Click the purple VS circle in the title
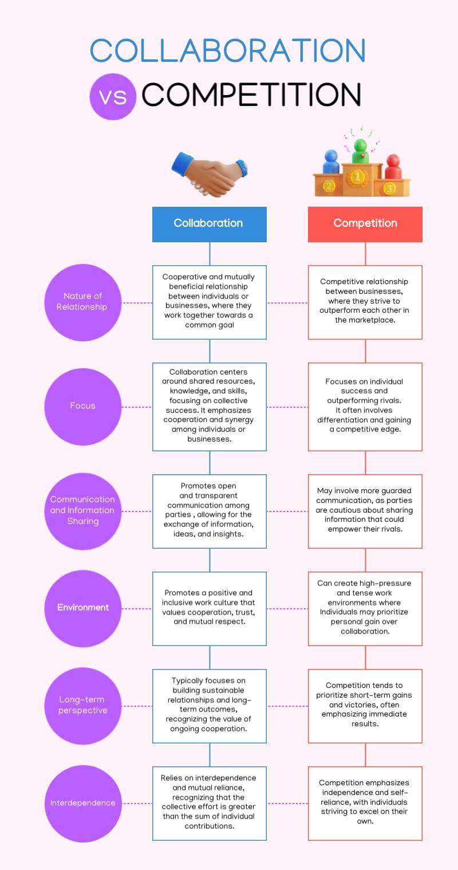tap(113, 96)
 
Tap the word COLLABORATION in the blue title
tap(228, 50)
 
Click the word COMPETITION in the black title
tap(251, 95)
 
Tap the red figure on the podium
tap(393, 166)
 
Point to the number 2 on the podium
tap(329, 186)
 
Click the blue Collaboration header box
tap(209, 223)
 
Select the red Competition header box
tap(365, 223)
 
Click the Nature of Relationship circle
tap(82, 302)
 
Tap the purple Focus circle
tap(82, 406)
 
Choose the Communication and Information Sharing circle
tap(82, 510)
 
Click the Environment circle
tap(82, 608)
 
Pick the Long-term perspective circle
tap(82, 705)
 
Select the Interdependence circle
tap(82, 803)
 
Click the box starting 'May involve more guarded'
tap(365, 510)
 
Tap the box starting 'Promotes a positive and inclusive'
tap(209, 608)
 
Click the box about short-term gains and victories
tap(365, 705)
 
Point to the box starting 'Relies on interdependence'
tap(209, 803)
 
